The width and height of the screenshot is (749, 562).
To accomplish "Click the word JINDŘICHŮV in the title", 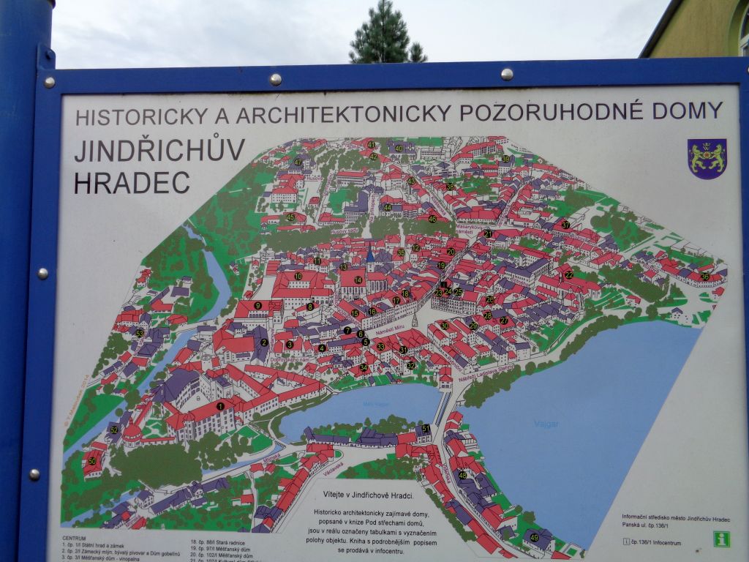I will point(159,151).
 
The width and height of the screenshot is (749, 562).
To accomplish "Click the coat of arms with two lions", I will point(707,158).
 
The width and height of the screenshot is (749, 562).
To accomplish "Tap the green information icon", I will point(722,539).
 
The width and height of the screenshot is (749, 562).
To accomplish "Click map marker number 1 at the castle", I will point(220,406).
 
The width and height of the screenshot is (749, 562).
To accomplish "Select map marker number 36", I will point(704,277).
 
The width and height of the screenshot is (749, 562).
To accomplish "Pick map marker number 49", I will point(534,537).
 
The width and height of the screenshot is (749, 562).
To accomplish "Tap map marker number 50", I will point(92,461).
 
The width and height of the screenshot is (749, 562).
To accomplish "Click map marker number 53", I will point(139,333).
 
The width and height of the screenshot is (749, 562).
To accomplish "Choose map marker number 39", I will point(505,159).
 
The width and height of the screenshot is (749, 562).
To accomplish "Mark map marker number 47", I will point(298,162).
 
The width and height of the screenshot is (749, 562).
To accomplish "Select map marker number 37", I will point(565,225).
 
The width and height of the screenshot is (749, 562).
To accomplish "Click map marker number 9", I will point(257,305).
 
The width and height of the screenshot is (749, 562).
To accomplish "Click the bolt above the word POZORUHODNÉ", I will point(506,73).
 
